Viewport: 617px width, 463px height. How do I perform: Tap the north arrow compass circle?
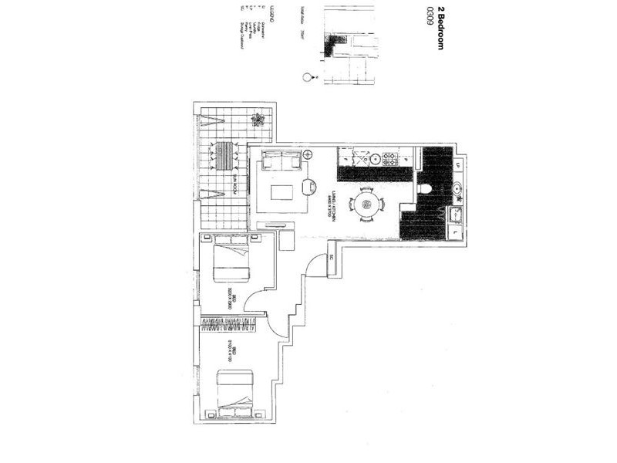tap(308, 77)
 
